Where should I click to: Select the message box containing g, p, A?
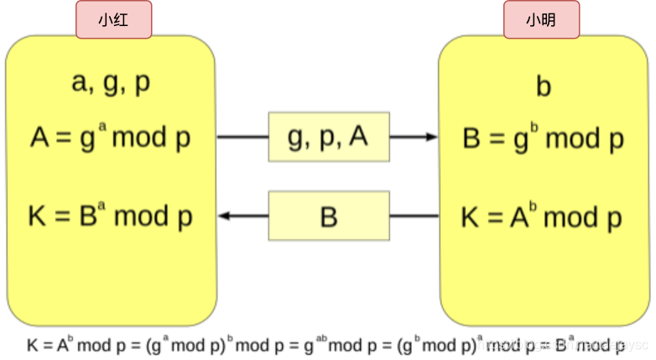[x=328, y=137]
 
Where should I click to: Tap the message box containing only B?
[x=328, y=217]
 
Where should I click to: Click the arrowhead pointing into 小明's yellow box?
[x=431, y=137]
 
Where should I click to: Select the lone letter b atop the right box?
[x=543, y=86]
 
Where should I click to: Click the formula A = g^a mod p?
[x=111, y=137]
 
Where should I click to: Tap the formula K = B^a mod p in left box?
[x=111, y=217]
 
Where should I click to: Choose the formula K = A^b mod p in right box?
[x=541, y=217]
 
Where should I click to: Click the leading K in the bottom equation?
[x=32, y=344]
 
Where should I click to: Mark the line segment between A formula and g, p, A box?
[x=242, y=137]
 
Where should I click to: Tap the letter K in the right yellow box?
[x=471, y=218]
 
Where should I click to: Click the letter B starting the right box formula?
[x=472, y=139]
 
